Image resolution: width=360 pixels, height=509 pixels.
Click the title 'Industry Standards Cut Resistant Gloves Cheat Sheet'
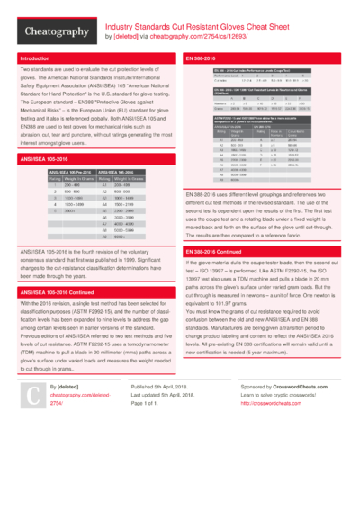[203, 28]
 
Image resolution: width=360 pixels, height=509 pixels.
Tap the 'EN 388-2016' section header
[202, 59]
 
